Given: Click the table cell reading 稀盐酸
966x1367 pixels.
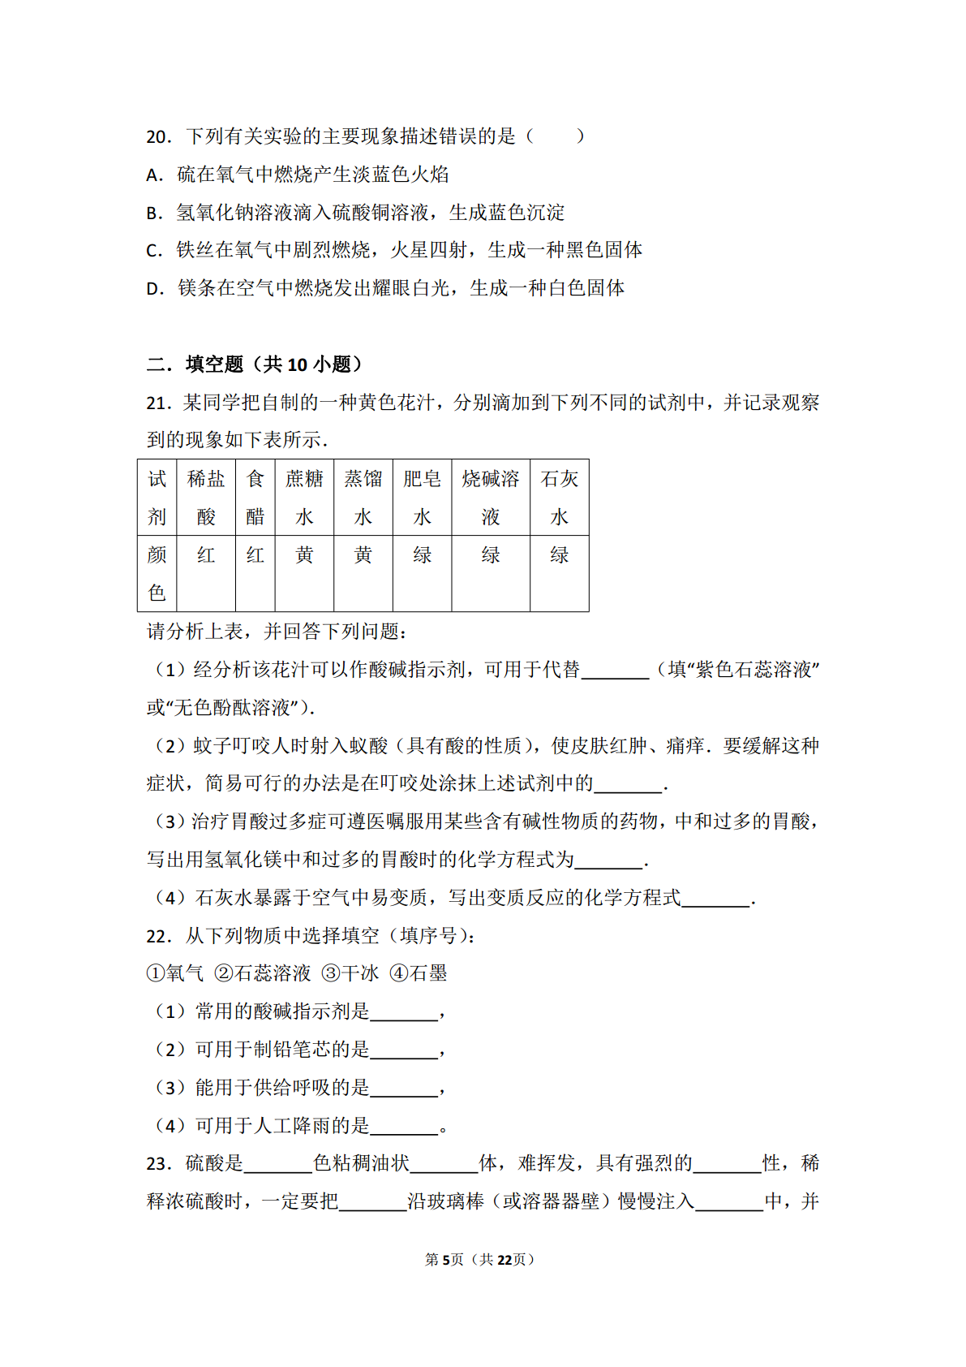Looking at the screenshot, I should click(x=206, y=498).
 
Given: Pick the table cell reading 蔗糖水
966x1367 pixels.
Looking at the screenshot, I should click(x=304, y=498).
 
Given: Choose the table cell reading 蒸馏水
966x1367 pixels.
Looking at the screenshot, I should click(x=363, y=498).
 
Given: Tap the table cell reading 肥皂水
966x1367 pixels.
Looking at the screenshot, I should click(x=422, y=498).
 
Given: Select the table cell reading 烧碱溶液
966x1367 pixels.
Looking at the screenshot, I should click(x=491, y=498).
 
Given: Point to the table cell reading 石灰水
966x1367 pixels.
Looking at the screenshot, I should click(x=560, y=498).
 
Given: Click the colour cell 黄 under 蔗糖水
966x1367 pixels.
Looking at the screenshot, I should click(x=304, y=555).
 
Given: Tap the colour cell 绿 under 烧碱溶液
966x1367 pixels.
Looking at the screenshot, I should click(x=491, y=555).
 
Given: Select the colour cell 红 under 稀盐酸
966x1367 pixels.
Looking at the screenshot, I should click(x=206, y=555).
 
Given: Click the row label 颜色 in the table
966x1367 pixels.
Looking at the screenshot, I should click(x=157, y=573).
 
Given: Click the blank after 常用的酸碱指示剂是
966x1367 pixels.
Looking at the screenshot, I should click(x=404, y=1013).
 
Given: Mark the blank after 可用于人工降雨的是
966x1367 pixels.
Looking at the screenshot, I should click(x=404, y=1127).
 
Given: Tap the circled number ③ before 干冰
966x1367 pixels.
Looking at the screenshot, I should click(x=330, y=974).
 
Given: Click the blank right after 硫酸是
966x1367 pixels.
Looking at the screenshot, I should click(x=278, y=1165).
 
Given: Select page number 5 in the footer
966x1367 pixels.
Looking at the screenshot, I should click(x=445, y=1260).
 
